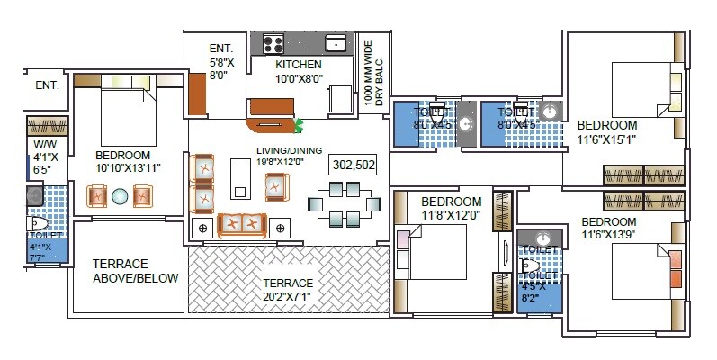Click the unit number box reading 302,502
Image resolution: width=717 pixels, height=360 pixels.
point(353,165)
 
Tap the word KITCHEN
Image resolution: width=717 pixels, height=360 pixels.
point(299,65)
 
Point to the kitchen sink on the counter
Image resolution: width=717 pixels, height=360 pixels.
point(336,42)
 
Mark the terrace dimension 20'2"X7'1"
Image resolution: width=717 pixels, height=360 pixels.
point(287,294)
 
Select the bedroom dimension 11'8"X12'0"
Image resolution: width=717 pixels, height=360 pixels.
point(451,215)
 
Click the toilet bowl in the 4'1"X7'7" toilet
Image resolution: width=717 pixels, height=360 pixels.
point(39,223)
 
